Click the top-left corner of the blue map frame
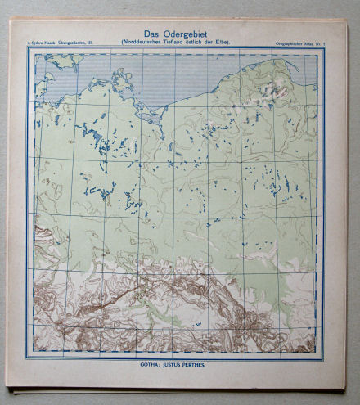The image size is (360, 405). (x=27, y=47)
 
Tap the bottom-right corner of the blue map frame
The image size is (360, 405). (x=325, y=358)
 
